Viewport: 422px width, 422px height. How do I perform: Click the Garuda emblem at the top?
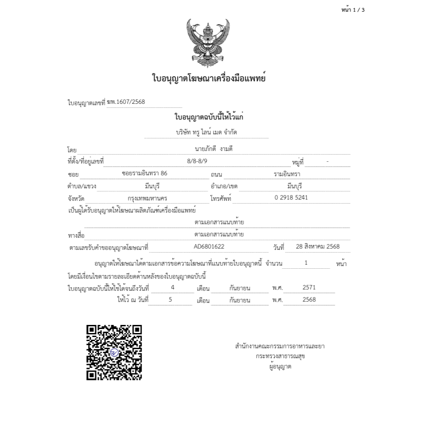click(x=208, y=43)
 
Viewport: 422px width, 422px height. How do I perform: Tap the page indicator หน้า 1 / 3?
click(x=353, y=10)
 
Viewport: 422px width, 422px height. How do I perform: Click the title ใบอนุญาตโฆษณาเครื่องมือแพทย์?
click(x=209, y=79)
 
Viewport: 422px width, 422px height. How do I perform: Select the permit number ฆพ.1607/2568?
click(x=126, y=102)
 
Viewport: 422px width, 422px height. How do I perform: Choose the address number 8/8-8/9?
click(x=197, y=161)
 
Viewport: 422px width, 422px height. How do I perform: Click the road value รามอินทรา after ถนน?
click(x=287, y=173)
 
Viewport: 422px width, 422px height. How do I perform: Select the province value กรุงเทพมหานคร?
click(x=147, y=198)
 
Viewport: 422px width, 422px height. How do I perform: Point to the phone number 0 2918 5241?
click(x=291, y=197)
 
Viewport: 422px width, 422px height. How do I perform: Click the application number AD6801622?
click(x=209, y=246)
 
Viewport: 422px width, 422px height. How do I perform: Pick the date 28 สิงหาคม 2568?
click(x=318, y=246)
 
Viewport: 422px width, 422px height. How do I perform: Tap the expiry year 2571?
click(x=309, y=287)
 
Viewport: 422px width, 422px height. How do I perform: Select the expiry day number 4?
click(x=173, y=287)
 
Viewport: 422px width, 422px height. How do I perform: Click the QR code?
click(x=114, y=352)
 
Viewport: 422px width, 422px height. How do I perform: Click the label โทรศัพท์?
click(x=221, y=198)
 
